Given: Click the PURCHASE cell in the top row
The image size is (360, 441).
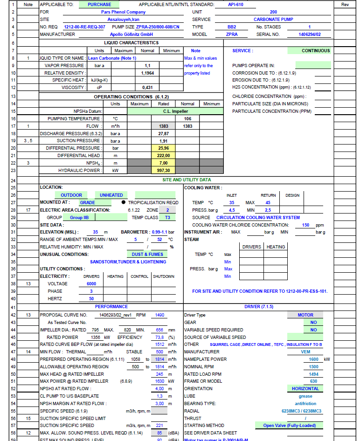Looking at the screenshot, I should pos(99,5).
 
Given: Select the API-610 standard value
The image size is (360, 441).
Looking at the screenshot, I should pos(235,5).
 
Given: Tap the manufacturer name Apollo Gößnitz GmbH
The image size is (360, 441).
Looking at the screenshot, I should pos(131,34).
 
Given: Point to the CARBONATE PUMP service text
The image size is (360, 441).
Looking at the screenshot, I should pos(273,20).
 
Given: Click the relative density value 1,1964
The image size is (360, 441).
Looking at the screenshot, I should pos(147,73).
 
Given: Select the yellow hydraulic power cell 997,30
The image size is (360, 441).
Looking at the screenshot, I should pos(163,171).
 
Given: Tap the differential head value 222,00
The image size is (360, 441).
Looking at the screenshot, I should pos(163,156).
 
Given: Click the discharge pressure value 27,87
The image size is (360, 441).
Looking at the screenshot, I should pos(163,133).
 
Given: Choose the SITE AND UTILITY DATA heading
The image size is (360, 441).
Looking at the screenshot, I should pos(186,179).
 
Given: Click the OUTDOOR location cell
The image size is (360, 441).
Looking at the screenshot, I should pos(71,195).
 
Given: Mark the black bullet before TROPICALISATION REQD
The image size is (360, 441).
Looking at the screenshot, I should pos(123,203).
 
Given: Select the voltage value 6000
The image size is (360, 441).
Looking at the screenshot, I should pos(91,283).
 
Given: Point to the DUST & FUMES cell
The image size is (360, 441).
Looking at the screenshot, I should pos(147,255).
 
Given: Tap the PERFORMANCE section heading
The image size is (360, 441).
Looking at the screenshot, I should pos(111,307).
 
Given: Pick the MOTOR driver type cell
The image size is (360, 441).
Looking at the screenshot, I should pos(305,315).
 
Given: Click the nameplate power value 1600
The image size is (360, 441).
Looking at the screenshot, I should pos(313,359).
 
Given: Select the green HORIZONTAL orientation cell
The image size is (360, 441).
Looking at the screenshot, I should pos(305,389).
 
